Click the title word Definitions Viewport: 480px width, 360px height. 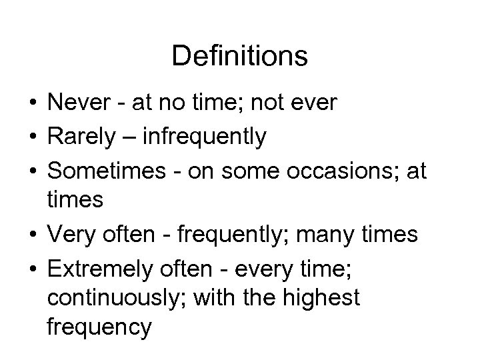point(239,57)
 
